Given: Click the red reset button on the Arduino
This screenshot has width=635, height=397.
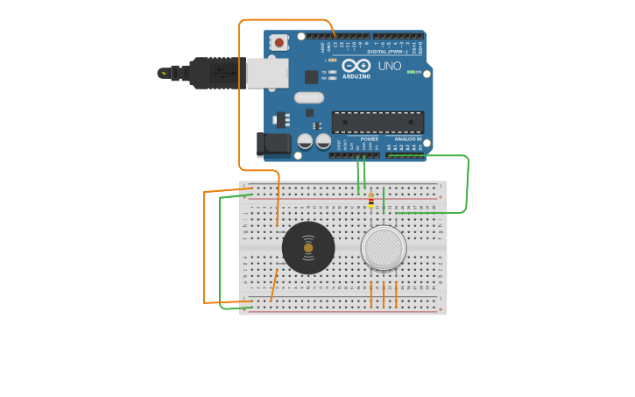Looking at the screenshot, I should (x=279, y=41).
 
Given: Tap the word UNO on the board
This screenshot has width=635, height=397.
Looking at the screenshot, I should (x=389, y=66).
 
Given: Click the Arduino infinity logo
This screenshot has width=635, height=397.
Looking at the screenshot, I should (x=356, y=66).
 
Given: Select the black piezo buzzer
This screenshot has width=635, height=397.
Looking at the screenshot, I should (x=308, y=248).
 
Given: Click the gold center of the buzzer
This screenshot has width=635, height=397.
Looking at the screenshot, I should (x=308, y=248).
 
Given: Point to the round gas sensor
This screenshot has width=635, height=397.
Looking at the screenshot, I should (x=384, y=247).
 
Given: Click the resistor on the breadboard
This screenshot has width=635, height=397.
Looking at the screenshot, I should (x=370, y=201).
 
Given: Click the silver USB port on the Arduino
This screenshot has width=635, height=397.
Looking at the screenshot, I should (x=267, y=74).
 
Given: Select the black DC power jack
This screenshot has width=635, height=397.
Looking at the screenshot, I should (x=274, y=144).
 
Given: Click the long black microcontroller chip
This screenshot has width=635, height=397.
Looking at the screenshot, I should (x=377, y=123).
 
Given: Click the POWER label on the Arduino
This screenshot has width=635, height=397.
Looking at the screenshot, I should (x=370, y=138).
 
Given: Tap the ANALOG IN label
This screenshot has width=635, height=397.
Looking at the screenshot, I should (x=407, y=138).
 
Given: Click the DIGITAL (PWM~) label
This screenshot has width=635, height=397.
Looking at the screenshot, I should (x=389, y=52).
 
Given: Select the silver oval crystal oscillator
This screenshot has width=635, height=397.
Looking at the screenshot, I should (x=308, y=98).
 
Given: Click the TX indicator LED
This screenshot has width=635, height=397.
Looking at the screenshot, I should (x=334, y=72).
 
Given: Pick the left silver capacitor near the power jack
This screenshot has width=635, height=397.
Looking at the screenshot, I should (x=305, y=141).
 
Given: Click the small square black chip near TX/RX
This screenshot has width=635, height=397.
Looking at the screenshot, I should (x=311, y=77).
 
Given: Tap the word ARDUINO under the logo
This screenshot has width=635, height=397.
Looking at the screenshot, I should (x=356, y=76).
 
